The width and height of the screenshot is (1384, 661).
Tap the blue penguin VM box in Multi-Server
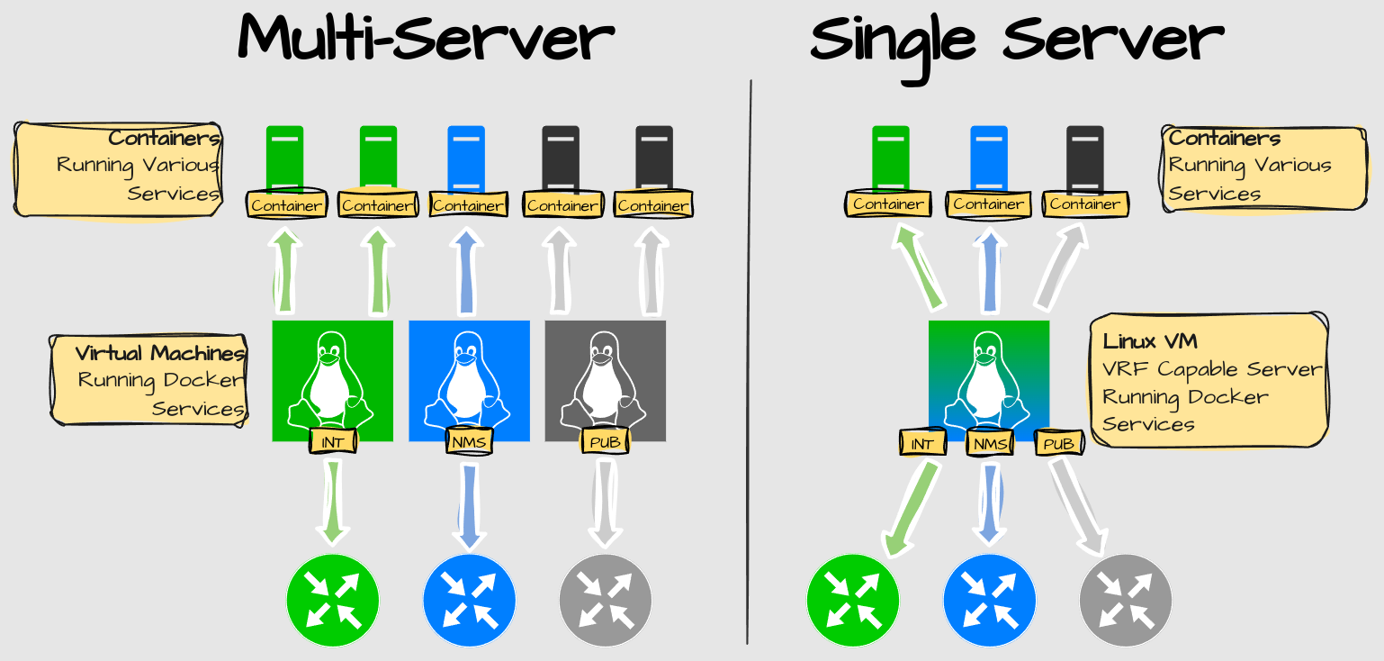pyautogui.click(x=469, y=378)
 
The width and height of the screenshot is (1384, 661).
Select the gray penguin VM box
pyautogui.click(x=605, y=378)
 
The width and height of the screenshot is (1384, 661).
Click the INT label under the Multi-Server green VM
pyautogui.click(x=333, y=441)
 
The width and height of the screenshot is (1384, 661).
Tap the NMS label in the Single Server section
pyautogui.click(x=990, y=443)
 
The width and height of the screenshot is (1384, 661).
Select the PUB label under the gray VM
pyautogui.click(x=605, y=441)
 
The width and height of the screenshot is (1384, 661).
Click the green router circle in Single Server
pyautogui.click(x=852, y=601)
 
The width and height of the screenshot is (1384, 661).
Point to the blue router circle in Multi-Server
pyautogui.click(x=469, y=601)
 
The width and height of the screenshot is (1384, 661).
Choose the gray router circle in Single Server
pyautogui.click(x=1125, y=601)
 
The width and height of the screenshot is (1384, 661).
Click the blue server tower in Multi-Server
pyautogui.click(x=466, y=158)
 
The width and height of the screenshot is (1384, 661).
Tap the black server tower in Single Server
pyautogui.click(x=1084, y=158)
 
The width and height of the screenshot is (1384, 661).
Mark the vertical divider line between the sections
pyautogui.click(x=750, y=360)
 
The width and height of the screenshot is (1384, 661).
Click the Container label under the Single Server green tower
pyautogui.click(x=888, y=204)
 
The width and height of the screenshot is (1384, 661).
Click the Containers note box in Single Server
pyautogui.click(x=1263, y=168)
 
